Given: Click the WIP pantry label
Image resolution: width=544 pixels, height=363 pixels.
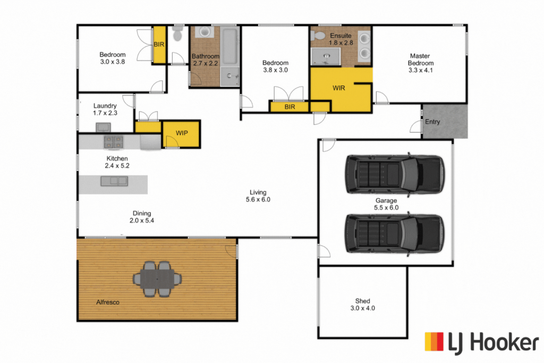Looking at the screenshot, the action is coord(182,133).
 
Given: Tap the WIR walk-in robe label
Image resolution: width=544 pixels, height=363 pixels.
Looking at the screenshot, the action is coord(338,88).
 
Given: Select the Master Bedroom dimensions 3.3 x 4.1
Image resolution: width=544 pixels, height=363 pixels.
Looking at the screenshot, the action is coord(420,70).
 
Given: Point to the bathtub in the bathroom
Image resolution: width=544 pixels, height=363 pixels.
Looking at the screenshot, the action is coord(229,47).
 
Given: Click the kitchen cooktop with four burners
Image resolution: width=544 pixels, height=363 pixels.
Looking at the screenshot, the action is coord(114,142).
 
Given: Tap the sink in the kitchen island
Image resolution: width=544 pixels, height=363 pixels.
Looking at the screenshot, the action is coord(114,181).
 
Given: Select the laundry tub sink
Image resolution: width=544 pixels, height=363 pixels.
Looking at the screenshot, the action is coord(103,128).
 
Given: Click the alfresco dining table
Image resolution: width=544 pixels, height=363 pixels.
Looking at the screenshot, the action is coord(157,279).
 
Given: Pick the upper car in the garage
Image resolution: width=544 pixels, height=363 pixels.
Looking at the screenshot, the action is coord(395,174).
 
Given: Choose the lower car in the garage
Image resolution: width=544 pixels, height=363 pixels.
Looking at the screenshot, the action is coord(395,233).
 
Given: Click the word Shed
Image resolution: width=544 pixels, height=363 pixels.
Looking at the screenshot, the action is coord(362,301).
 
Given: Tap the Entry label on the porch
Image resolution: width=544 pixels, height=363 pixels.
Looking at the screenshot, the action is coord(432,122).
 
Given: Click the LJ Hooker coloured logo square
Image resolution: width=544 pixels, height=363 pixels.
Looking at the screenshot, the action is coord(434,342).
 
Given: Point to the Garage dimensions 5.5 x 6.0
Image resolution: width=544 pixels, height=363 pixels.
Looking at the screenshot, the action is coord(386,207).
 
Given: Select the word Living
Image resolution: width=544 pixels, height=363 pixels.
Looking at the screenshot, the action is coord(258,192).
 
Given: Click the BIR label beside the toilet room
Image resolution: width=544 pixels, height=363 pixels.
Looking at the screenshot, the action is coord(159,45).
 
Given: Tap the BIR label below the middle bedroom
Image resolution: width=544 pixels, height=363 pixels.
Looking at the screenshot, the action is coord(290,107).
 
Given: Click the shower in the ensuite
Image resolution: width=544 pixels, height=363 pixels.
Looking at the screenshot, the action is coord(326,56).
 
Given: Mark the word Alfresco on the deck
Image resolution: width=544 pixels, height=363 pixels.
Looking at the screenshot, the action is coord(107,302).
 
